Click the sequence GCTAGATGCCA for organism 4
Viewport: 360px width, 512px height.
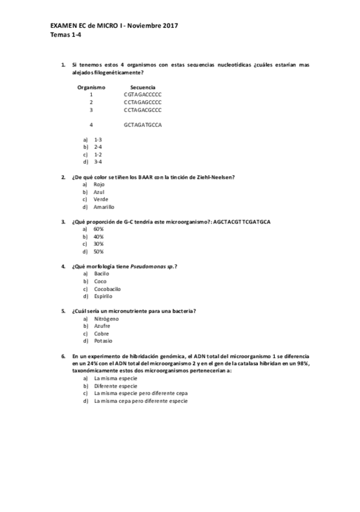(x=143, y=125)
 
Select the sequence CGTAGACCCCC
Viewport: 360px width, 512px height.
(x=143, y=95)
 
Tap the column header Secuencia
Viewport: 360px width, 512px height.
(x=143, y=87)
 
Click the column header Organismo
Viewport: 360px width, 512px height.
(x=91, y=87)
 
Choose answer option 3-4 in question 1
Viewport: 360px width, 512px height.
(x=98, y=162)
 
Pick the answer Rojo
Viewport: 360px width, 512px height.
(x=99, y=184)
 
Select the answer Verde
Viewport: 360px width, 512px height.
(x=101, y=199)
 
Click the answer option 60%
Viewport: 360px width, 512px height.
(x=99, y=229)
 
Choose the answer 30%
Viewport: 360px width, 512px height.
(x=99, y=244)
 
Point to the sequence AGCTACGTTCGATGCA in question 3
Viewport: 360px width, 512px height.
(x=242, y=222)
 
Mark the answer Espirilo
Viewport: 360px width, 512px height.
(x=103, y=296)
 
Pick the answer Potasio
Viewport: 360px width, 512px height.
(x=103, y=341)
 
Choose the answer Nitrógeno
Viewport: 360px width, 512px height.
(x=106, y=318)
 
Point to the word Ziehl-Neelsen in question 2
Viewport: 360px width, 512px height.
(x=216, y=177)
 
